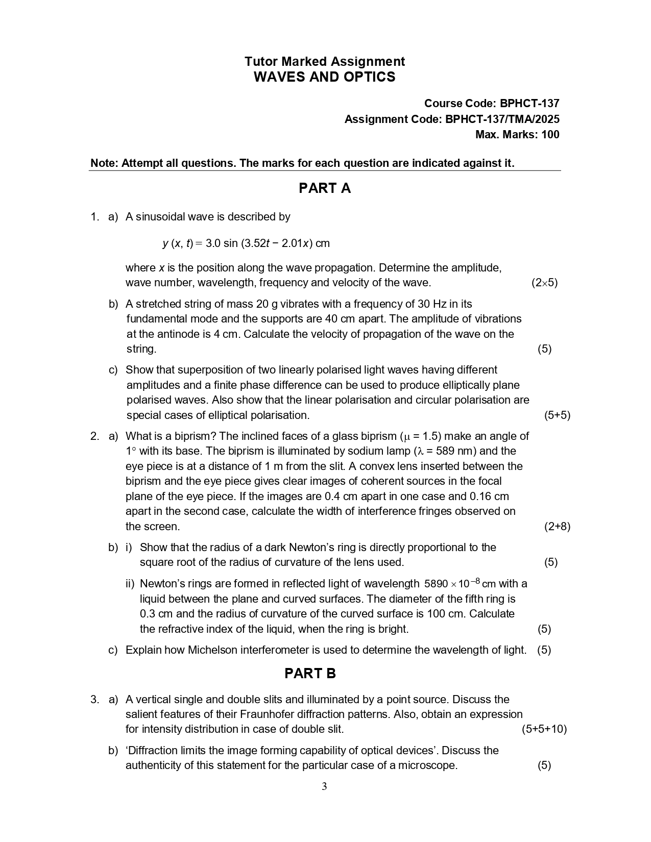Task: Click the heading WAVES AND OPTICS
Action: coord(324,77)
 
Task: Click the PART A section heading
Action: coord(324,188)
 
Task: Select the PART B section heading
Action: coord(310,674)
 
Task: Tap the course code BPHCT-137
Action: coord(529,104)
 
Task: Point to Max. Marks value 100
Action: coord(550,135)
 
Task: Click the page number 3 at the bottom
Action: coord(324,786)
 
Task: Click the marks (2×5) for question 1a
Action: coord(544,283)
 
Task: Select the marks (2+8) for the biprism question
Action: coord(557,527)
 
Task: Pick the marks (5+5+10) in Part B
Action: coord(544,729)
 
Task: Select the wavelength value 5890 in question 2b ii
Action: coord(436,584)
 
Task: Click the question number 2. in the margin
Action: coord(95,436)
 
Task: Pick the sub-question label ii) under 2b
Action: coord(130,584)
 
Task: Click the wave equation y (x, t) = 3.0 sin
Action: coord(246,243)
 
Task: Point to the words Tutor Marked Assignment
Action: coord(324,62)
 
